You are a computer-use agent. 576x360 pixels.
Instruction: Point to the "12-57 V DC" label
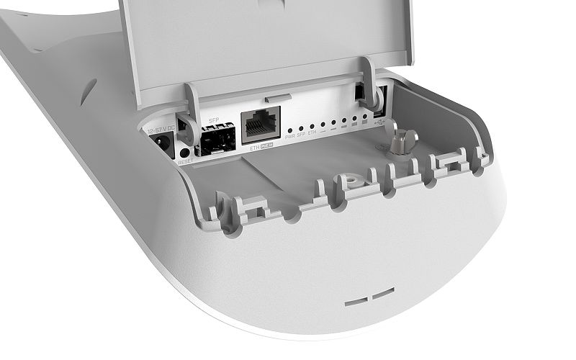(x=161, y=130)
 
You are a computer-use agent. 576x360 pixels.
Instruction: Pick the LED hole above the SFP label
(x=300, y=127)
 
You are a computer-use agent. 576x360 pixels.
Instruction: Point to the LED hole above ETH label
(x=312, y=126)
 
